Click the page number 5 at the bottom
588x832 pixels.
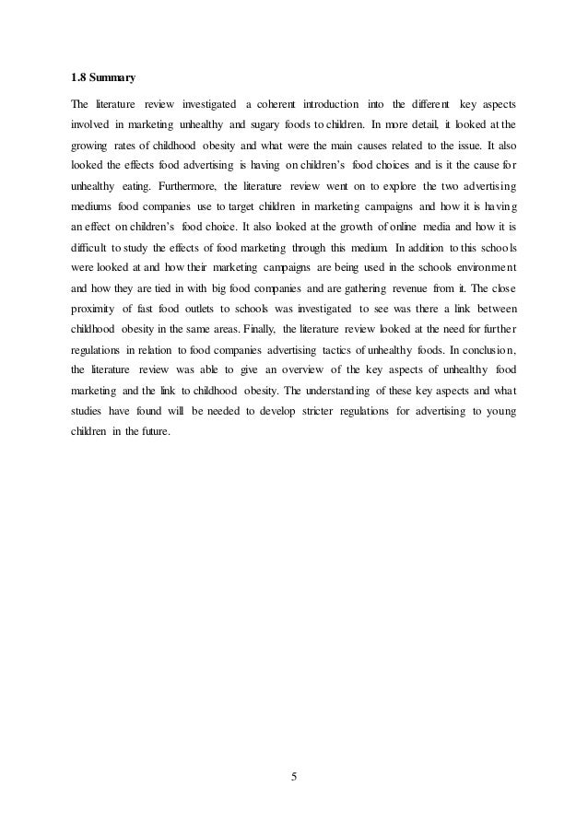tap(294, 777)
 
